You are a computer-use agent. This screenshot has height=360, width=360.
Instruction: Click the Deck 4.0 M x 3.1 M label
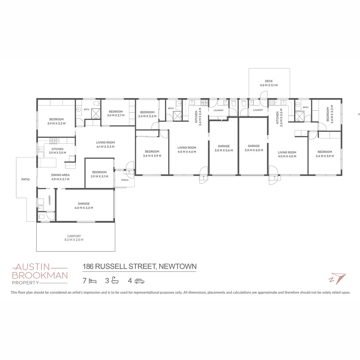269,83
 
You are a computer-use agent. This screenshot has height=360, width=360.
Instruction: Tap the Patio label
26,179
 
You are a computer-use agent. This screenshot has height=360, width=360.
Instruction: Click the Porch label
125,180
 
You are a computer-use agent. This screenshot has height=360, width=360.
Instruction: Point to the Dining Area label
60,177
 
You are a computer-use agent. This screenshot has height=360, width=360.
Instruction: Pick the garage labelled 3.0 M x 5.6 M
223,148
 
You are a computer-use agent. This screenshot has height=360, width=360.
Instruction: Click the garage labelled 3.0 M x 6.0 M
254,148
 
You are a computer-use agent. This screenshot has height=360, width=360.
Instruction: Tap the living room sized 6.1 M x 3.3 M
105,144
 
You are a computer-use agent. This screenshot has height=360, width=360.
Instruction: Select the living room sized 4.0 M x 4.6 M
187,150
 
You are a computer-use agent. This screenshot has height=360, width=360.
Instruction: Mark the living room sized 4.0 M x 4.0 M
287,154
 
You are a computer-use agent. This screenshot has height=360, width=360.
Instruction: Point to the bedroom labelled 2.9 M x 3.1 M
99,174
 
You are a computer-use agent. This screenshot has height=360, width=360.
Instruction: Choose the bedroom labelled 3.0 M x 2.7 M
116,113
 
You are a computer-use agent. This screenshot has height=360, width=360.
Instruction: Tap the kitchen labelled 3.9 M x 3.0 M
57,151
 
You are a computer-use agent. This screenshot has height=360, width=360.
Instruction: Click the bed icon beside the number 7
93,281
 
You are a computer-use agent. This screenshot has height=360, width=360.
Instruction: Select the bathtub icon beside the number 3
115,280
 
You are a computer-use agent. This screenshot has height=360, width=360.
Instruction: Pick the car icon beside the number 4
139,281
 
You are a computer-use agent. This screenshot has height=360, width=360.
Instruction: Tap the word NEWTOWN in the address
177,266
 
